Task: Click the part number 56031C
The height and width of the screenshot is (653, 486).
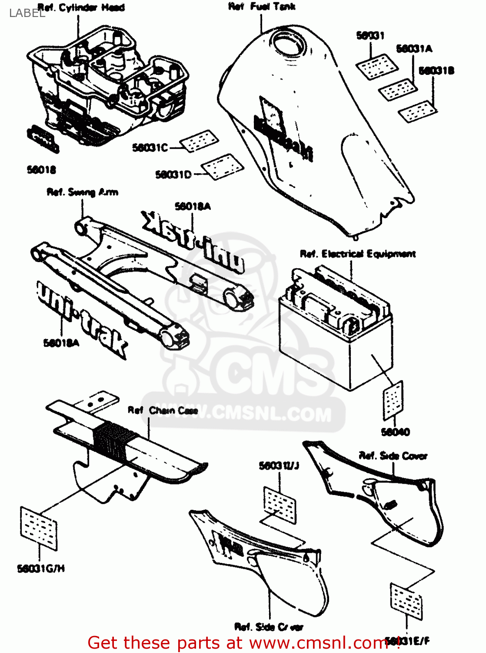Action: (x=150, y=148)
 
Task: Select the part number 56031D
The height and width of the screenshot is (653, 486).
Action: (x=173, y=175)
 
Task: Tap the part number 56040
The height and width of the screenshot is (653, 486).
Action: (x=395, y=432)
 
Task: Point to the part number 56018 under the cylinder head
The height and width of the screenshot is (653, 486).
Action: (x=41, y=170)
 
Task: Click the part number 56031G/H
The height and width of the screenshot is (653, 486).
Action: (x=41, y=569)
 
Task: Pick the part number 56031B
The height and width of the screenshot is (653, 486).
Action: (x=436, y=71)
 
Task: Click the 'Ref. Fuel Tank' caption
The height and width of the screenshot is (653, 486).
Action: (x=262, y=7)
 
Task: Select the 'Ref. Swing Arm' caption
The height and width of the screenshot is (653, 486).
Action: (x=82, y=192)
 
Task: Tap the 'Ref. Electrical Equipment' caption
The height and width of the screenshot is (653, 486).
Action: (x=358, y=254)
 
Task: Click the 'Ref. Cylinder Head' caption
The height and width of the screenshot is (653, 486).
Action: (x=81, y=7)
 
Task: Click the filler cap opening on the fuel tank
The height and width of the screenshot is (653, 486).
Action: (x=288, y=43)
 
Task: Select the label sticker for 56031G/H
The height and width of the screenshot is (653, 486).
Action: (x=39, y=528)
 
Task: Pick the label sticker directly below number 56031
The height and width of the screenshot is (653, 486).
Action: (x=377, y=66)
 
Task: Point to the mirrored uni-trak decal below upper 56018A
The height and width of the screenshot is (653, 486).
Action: (x=193, y=242)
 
